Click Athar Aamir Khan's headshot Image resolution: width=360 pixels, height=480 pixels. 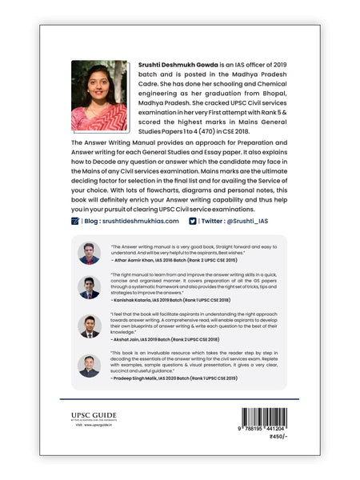[90, 253]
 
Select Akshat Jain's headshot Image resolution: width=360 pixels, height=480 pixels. [90, 326]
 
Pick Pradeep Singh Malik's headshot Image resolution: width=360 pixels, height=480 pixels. [90, 366]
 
